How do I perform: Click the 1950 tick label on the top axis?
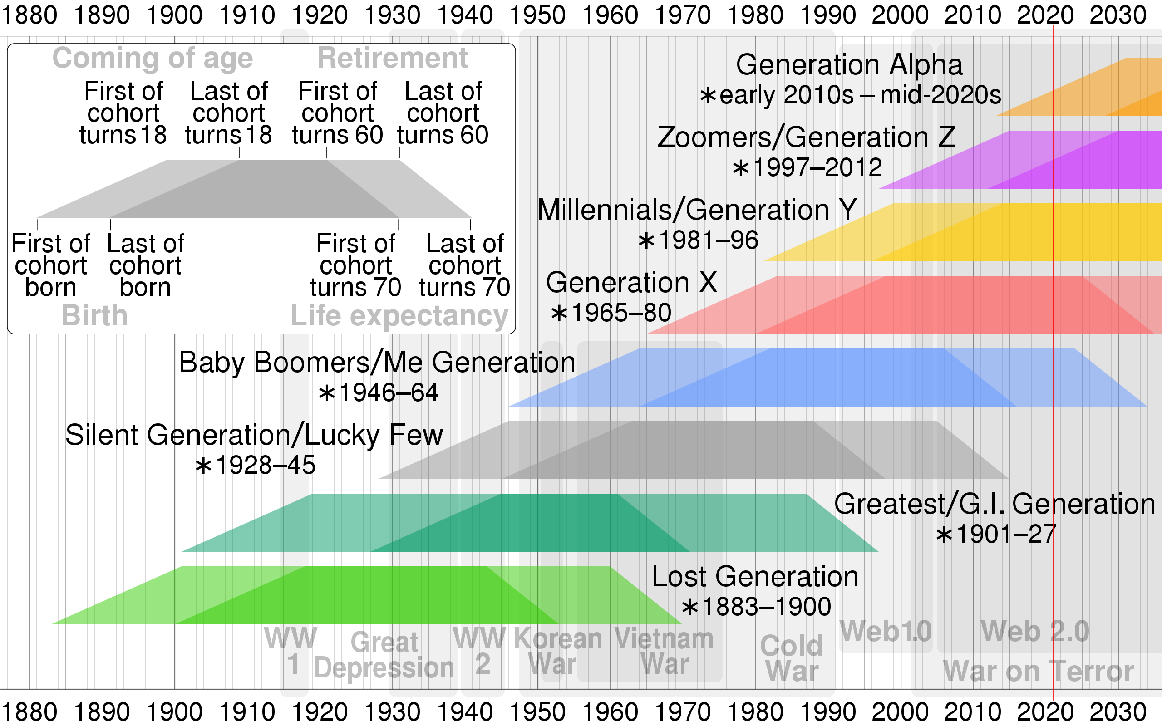[537, 15]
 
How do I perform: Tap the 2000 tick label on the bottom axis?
[900, 711]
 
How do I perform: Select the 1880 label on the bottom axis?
[30, 711]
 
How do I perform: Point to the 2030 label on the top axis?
[1118, 15]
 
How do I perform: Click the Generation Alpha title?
[849, 65]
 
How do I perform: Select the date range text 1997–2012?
[807, 167]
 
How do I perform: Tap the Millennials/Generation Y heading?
[697, 210]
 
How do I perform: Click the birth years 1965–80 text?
[611, 313]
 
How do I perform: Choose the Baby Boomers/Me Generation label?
[377, 363]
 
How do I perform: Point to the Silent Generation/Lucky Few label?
[254, 436]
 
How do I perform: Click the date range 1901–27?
[996, 535]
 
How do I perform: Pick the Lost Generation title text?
[755, 577]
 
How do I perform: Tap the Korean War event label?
[557, 652]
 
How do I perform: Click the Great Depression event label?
[384, 655]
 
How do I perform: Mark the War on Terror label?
[1038, 671]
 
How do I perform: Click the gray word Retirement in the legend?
[392, 58]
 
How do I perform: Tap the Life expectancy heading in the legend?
[399, 316]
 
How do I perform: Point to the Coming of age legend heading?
[153, 58]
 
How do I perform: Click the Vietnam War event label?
[664, 652]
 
